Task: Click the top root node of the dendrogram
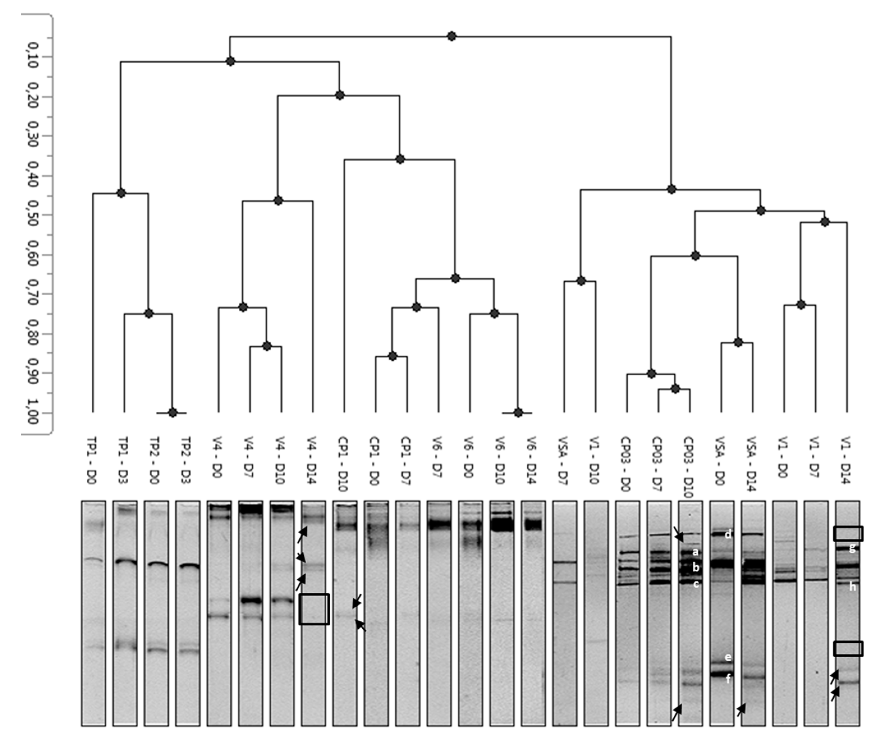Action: coord(451,36)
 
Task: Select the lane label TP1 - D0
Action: coord(92,460)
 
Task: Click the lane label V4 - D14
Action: coord(313,460)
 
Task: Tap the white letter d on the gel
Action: coord(728,534)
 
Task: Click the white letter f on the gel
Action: coord(728,678)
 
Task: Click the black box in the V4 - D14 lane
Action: coord(314,609)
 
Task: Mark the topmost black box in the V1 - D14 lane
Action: coord(848,534)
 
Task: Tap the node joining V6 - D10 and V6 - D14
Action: coord(518,413)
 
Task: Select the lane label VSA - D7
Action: coord(563,460)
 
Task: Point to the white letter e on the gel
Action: coord(728,657)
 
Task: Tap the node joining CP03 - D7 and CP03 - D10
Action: coord(675,389)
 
